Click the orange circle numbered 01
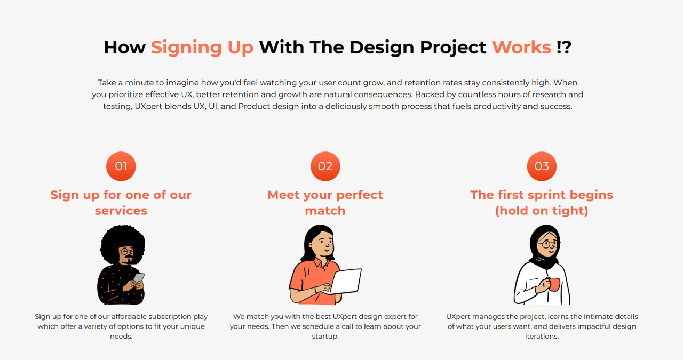(121, 166)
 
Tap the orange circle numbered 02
(325, 166)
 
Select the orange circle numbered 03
(542, 166)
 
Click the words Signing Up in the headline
(202, 48)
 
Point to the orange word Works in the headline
(521, 47)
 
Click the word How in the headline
(124, 47)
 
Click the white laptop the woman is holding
(346, 281)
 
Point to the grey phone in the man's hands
(139, 278)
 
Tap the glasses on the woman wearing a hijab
(548, 244)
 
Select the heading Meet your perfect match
(325, 203)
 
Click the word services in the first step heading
(121, 211)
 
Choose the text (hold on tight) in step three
(542, 211)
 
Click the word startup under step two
(325, 337)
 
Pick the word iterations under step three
(542, 336)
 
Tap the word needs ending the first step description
(121, 336)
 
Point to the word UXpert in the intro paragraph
(148, 107)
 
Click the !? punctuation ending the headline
(564, 47)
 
